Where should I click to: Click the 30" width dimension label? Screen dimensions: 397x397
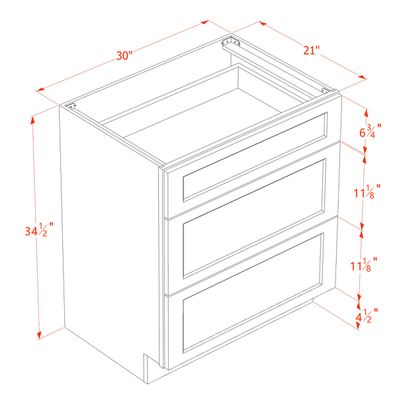[x=124, y=56]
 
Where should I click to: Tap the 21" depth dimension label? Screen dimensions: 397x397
[x=312, y=50]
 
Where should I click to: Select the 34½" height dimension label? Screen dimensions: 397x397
[x=39, y=230]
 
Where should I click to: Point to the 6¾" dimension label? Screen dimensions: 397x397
[x=371, y=130]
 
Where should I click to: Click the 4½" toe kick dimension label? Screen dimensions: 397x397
[x=367, y=316]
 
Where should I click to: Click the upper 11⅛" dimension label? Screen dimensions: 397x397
[x=367, y=192]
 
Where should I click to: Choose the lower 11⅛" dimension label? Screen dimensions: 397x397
[x=364, y=264]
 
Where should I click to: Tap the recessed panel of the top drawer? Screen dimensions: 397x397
[x=255, y=157]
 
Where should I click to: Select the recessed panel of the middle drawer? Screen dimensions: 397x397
[x=254, y=218]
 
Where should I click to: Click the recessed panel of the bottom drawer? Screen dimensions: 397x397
[x=253, y=293]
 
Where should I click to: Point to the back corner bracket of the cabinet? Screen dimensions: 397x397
[x=231, y=42]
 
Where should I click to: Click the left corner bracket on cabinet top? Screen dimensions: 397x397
[x=71, y=106]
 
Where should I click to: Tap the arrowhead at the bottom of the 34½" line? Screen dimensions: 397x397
[x=39, y=335]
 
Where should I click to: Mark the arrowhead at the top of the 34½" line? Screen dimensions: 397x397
[x=32, y=121]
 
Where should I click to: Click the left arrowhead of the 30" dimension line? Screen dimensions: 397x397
[x=40, y=89]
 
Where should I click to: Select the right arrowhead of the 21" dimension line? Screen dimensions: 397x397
[x=363, y=77]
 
